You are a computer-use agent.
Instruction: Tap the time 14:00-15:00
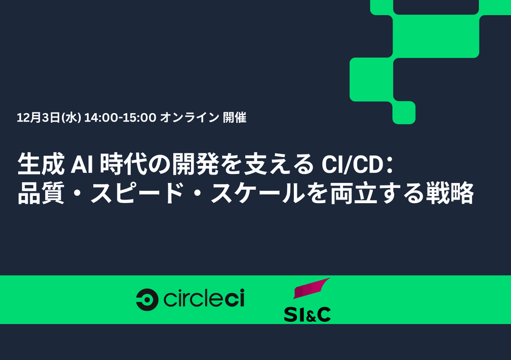tap(121, 118)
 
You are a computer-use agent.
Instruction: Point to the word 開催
tap(235, 118)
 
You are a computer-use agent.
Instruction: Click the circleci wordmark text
tap(204, 299)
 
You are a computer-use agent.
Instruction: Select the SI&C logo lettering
tap(307, 314)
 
